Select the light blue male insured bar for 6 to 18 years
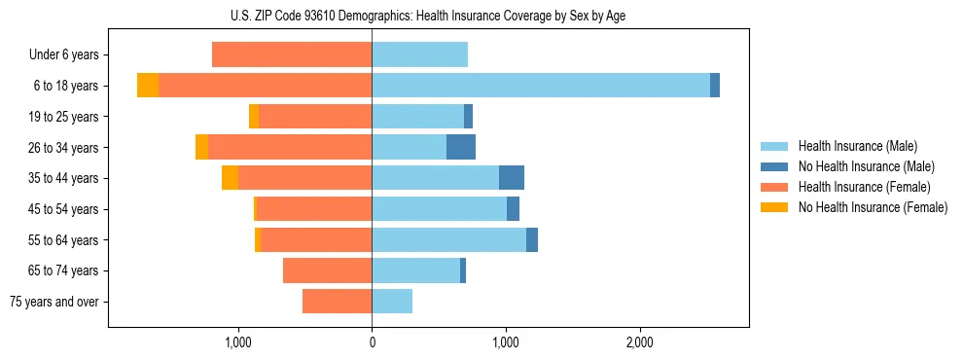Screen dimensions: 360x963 click(540, 86)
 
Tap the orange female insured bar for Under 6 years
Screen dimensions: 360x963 click(292, 55)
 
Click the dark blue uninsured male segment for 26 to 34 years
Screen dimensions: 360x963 click(461, 147)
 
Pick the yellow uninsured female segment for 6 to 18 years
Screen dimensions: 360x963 click(148, 86)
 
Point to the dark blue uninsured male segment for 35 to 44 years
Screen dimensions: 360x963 click(512, 178)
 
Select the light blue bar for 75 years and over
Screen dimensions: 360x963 click(392, 302)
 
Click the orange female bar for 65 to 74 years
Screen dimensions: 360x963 click(327, 270)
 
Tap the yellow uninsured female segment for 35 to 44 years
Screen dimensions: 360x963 click(230, 178)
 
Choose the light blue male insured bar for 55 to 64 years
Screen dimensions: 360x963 click(448, 240)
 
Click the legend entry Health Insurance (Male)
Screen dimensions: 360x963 click(857, 146)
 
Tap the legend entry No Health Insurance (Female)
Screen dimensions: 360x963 click(872, 207)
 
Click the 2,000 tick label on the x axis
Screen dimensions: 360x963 click(639, 342)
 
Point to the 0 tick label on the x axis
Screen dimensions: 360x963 click(372, 342)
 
